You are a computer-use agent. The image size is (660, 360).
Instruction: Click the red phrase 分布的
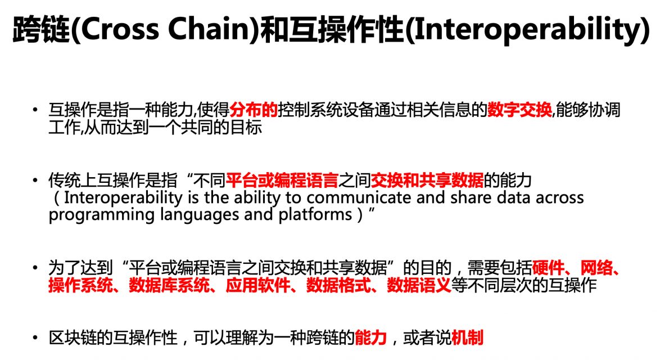click(254, 110)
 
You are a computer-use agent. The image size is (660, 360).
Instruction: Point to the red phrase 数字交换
click(520, 110)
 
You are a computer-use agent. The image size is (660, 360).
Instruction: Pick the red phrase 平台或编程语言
click(282, 181)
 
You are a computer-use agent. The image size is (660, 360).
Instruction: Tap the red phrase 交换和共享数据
click(427, 181)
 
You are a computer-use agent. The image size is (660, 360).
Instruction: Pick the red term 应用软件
click(257, 286)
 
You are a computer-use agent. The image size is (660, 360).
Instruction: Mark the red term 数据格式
click(338, 286)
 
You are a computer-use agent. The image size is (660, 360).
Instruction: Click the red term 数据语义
click(419, 286)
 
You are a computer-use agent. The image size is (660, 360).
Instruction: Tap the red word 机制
click(467, 337)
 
